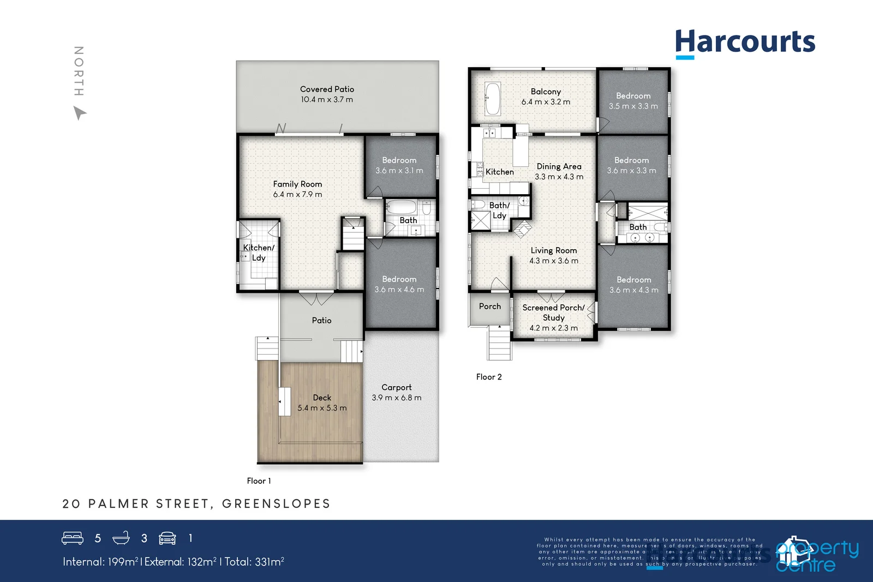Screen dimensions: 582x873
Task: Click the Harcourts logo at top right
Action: pos(745,43)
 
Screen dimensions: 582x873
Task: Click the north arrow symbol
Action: pos(80,113)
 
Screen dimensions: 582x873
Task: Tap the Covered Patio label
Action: pos(327,89)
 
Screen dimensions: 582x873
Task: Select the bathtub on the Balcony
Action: pos(493,98)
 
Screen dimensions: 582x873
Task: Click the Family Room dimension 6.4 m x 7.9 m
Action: pos(297,195)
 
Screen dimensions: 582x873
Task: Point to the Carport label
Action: pos(396,387)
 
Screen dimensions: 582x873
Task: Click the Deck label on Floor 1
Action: pos(322,398)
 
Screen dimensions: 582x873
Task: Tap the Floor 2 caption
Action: pos(488,377)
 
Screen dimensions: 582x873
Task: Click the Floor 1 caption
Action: pos(259,481)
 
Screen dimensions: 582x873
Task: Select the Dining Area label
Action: pos(559,166)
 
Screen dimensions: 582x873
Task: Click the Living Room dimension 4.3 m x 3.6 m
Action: pos(553,261)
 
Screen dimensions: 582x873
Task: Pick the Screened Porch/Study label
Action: pos(553,313)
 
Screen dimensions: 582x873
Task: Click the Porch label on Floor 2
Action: pos(489,307)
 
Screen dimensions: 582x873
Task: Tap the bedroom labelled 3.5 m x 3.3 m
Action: pos(633,101)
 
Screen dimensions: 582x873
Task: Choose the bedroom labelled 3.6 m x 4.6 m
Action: pos(399,284)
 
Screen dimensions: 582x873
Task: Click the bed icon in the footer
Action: pos(73,538)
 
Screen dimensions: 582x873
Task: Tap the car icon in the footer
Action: pos(167,538)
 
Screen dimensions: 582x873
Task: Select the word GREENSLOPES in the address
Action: pos(276,503)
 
